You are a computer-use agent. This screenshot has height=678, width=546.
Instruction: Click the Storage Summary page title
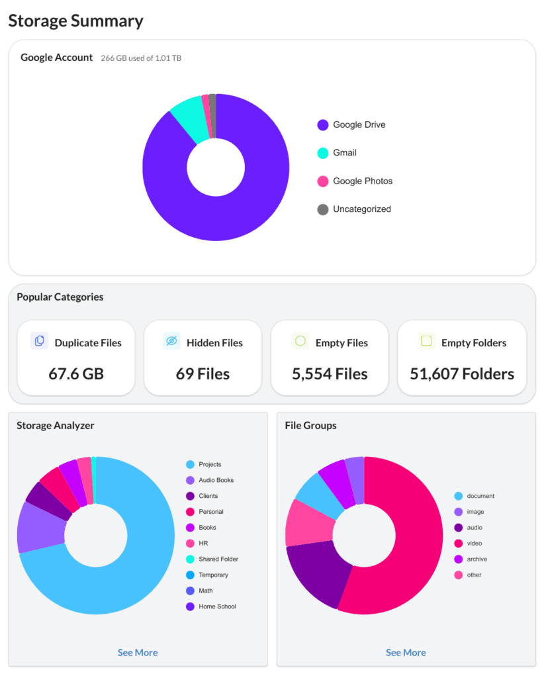(x=75, y=21)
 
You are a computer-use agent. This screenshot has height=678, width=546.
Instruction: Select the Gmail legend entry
(x=344, y=153)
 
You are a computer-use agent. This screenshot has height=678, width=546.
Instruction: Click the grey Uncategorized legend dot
(x=323, y=209)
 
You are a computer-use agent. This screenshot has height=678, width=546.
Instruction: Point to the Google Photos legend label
(x=362, y=181)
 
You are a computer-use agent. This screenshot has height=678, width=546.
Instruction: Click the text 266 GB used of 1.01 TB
(x=141, y=58)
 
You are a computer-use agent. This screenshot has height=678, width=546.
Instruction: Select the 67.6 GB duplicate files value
(x=76, y=374)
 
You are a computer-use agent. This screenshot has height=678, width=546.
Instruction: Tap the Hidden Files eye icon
(x=171, y=342)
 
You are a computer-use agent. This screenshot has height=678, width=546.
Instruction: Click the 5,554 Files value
(x=330, y=374)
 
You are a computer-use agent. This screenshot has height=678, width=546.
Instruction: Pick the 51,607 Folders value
(x=462, y=374)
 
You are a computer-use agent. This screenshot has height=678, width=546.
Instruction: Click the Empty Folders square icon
(x=427, y=342)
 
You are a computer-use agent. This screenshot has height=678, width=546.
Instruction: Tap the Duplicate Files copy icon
(x=40, y=342)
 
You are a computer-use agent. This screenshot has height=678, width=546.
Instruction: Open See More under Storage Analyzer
(x=138, y=653)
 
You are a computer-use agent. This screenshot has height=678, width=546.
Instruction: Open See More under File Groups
(x=406, y=653)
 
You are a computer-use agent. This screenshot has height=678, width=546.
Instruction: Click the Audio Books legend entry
(x=216, y=480)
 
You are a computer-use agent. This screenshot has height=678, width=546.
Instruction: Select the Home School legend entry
(x=217, y=606)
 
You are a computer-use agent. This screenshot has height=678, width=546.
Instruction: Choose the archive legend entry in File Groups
(x=477, y=559)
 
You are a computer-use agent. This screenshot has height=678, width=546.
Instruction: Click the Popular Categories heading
(x=60, y=297)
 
